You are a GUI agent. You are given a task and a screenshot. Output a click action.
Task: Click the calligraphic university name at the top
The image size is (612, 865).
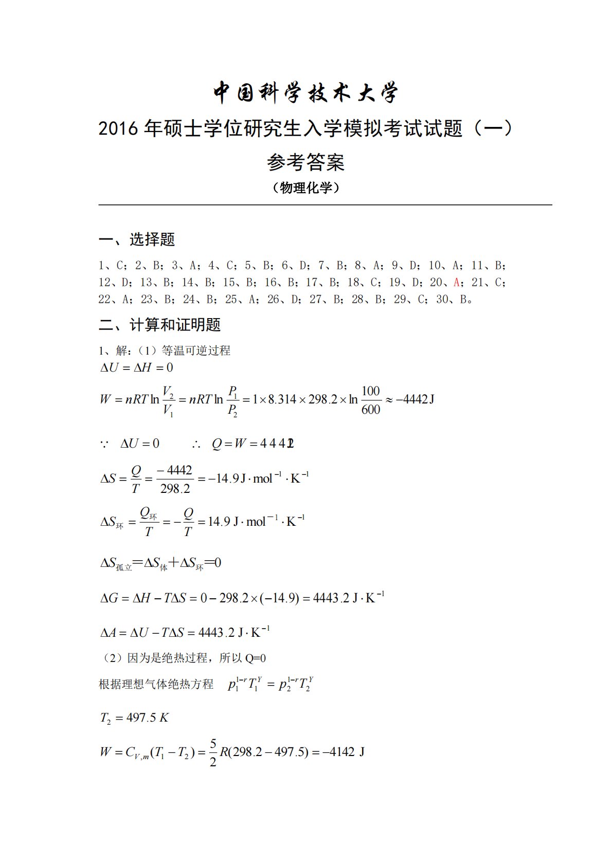(x=305, y=93)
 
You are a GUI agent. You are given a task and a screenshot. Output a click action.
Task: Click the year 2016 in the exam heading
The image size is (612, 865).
(x=118, y=128)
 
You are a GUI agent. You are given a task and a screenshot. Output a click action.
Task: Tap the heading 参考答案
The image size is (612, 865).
(x=305, y=162)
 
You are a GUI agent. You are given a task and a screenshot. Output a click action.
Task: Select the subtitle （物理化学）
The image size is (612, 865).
(x=305, y=188)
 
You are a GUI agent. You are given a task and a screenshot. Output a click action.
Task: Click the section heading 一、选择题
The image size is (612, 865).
(x=137, y=239)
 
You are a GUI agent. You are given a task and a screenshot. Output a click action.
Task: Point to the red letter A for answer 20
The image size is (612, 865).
(x=456, y=282)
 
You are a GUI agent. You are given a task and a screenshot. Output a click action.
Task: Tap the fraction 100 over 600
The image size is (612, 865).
(x=370, y=400)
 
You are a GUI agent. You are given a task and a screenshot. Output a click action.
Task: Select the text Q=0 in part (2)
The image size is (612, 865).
(x=255, y=658)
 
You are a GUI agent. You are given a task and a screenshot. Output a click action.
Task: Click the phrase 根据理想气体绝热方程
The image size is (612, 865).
(x=156, y=684)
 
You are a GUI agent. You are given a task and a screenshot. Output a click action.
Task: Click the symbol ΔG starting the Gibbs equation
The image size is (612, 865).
(x=109, y=598)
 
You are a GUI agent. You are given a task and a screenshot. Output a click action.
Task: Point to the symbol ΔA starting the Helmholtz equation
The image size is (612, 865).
(x=109, y=632)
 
